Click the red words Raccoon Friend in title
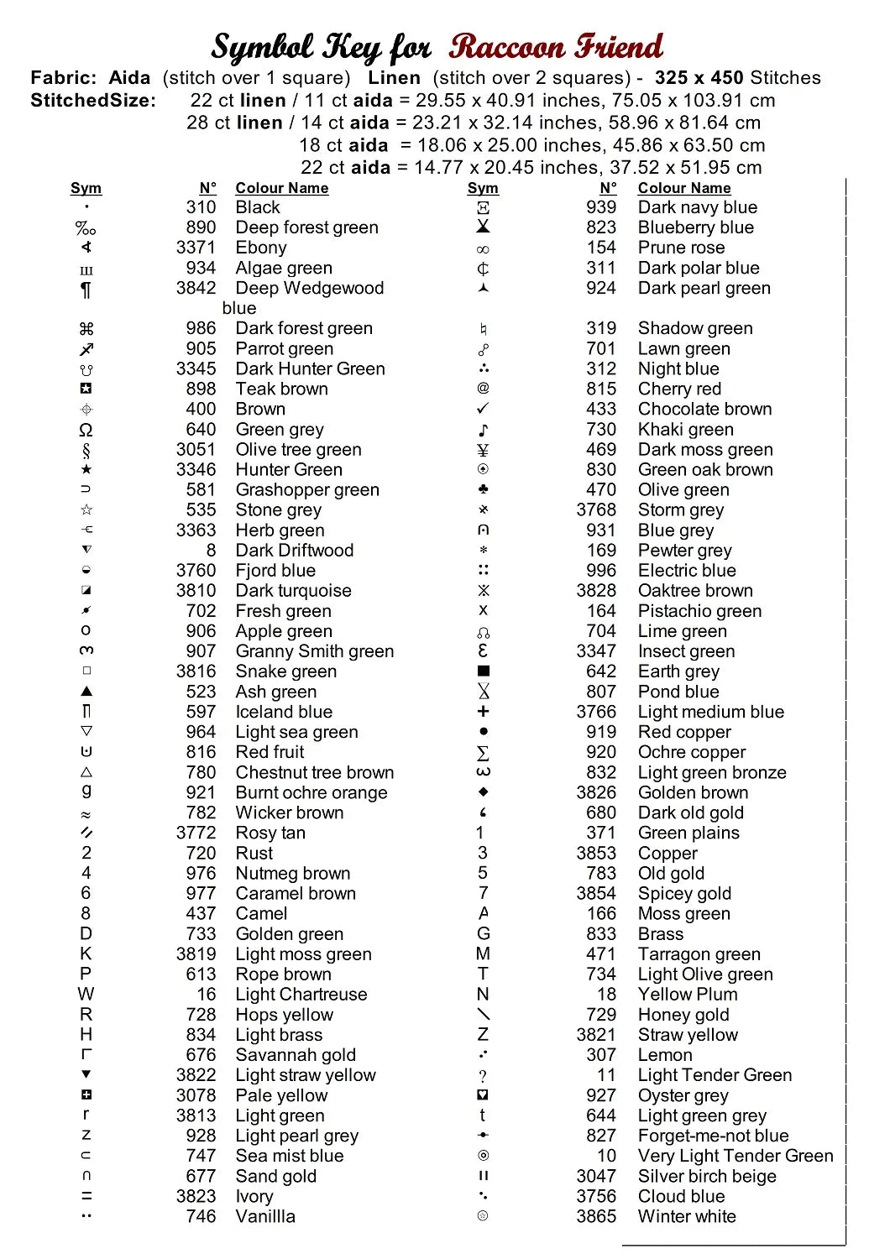(x=555, y=47)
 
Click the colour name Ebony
(x=261, y=248)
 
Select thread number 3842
(x=196, y=288)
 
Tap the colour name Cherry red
(x=679, y=389)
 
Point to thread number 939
(x=601, y=207)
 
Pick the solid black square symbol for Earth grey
(x=483, y=671)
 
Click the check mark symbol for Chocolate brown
(x=483, y=409)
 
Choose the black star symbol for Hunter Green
(x=86, y=469)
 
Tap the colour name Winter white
(x=687, y=1216)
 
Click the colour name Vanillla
(x=265, y=1216)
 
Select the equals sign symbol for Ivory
(x=86, y=1196)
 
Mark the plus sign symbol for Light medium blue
(x=483, y=712)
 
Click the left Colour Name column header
(x=281, y=188)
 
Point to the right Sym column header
(x=483, y=188)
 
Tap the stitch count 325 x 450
(x=699, y=78)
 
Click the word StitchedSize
(x=93, y=101)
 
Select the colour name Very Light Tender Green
(x=736, y=1156)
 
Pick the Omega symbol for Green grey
(x=86, y=430)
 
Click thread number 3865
(x=596, y=1216)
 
